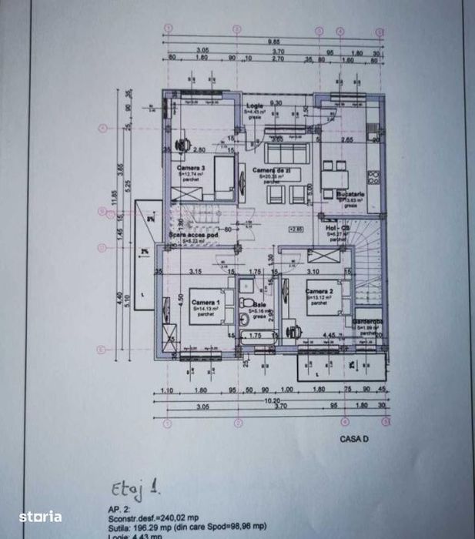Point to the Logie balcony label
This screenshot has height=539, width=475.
(x=254, y=105)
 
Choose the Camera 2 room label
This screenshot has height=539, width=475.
(x=319, y=292)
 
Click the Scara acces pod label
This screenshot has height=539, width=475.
(x=189, y=234)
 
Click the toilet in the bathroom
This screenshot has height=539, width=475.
(x=247, y=304)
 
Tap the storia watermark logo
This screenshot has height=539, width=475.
(x=40, y=517)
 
